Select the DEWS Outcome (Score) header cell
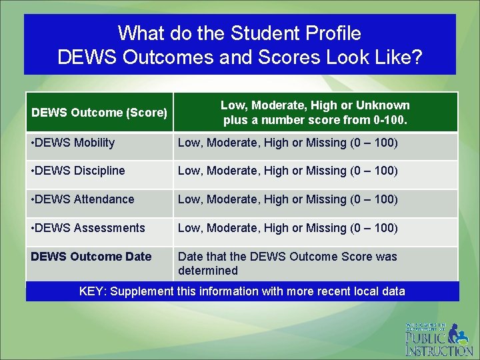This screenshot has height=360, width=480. tap(99, 113)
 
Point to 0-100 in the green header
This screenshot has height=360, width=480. tap(388, 121)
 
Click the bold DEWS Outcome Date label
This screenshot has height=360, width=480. tap(91, 257)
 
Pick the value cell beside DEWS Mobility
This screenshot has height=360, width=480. tap(287, 143)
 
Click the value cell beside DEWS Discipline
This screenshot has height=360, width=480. tap(287, 171)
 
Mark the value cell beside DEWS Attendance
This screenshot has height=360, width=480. tap(287, 199)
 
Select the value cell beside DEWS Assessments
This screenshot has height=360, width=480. tap(287, 228)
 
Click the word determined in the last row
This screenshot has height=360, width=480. tap(207, 271)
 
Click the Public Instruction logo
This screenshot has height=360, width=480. tap(438, 339)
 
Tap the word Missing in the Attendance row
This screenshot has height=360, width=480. tap(325, 199)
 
